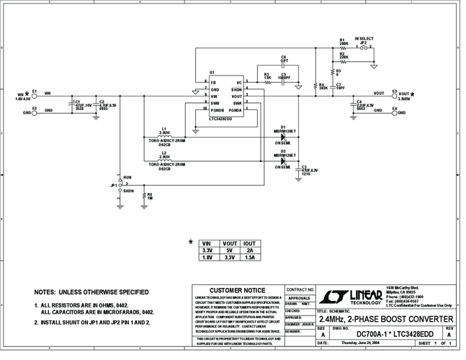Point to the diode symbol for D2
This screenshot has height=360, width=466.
[283, 160]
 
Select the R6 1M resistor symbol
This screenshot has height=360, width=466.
[143, 195]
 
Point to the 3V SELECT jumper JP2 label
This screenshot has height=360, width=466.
[364, 39]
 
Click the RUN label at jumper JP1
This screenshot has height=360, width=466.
[127, 177]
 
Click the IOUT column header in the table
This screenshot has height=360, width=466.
[251, 243]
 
